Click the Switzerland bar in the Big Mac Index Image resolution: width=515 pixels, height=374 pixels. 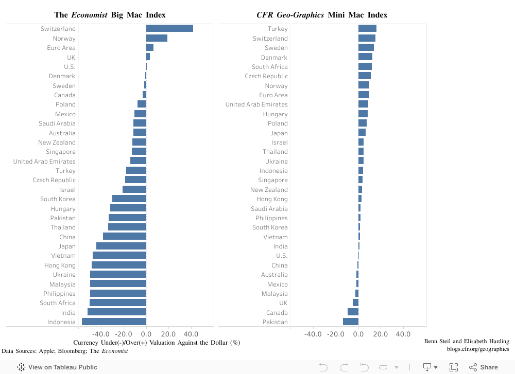point(169,29)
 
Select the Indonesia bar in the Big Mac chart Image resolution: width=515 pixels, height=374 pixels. point(114,322)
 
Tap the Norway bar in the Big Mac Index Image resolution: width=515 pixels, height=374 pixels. point(157,38)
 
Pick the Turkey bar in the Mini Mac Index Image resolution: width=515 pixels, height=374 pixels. point(367,29)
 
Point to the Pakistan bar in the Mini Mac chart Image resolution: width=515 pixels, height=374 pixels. point(351,322)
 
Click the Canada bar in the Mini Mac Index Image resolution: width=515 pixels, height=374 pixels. point(353,312)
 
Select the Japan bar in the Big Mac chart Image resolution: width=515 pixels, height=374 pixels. point(121,246)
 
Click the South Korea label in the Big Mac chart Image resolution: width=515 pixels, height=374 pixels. point(58,199)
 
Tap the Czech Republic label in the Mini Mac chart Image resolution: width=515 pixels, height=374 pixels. point(266,76)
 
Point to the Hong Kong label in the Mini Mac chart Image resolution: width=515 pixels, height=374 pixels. point(272,199)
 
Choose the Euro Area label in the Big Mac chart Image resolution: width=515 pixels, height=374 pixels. point(61,48)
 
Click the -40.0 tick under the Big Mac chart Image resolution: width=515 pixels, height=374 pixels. point(101,334)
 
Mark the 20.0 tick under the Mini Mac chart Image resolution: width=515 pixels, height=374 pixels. point(381,334)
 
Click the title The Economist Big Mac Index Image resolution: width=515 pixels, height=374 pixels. point(110,15)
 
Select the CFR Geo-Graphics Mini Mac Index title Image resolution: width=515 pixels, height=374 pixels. point(322,15)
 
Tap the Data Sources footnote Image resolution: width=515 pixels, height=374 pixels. point(65,351)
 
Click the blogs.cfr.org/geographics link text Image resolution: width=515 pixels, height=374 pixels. point(478,349)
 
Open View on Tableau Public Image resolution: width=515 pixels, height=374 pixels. point(58,367)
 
